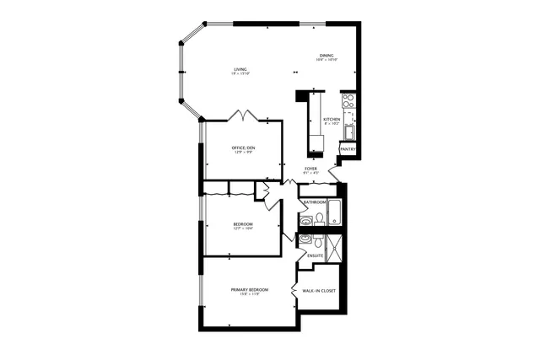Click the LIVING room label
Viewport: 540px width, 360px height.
[241, 69]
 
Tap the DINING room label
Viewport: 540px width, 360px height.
[327, 56]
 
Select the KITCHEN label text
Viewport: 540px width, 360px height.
[332, 120]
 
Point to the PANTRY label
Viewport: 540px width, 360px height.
[348, 149]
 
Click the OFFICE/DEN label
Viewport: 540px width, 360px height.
[243, 148]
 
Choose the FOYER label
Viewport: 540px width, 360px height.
[310, 169]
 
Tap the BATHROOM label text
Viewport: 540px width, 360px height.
[315, 202]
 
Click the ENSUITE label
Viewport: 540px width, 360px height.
[316, 255]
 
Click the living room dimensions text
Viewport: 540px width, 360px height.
[241, 74]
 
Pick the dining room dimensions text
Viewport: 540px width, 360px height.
[327, 60]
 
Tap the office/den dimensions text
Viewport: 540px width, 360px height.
[243, 153]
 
